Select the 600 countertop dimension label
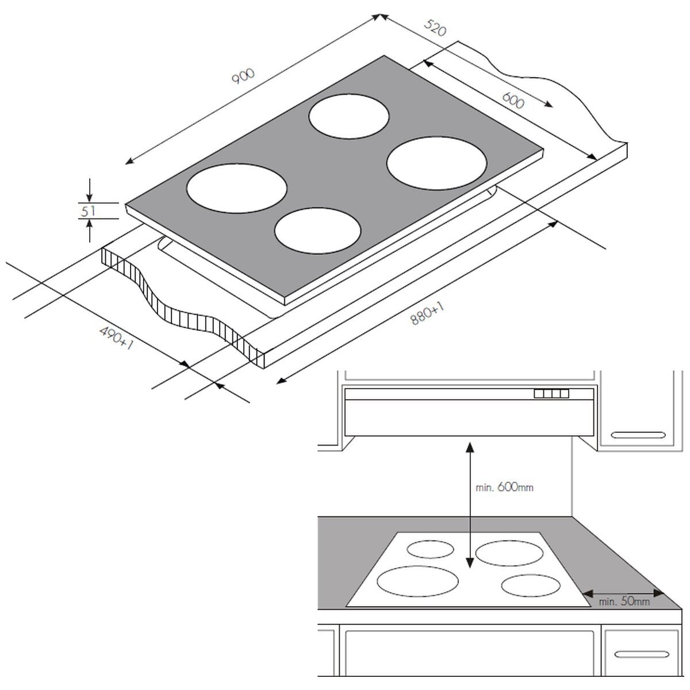tap(513, 101)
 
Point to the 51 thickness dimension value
tap(88, 211)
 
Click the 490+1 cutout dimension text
tap(117, 338)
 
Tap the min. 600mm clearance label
tap(504, 488)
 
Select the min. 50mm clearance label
tap(624, 601)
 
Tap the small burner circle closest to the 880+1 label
tap(317, 230)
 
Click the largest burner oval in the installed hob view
tap(417, 581)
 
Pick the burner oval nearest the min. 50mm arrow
tap(530, 586)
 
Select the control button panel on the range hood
tap(551, 394)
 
